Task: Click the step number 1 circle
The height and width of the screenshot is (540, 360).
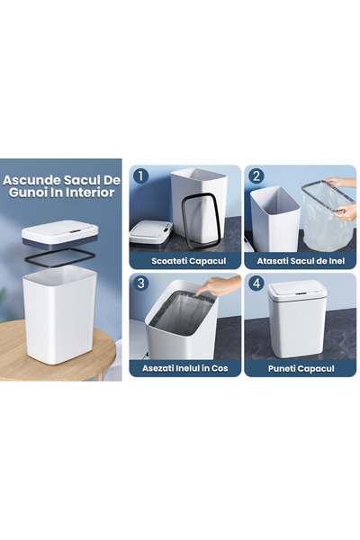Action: [140, 176]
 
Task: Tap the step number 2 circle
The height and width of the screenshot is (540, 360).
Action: [256, 176]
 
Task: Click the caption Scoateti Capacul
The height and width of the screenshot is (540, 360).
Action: [184, 260]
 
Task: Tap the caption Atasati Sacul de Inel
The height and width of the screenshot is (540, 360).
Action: [301, 260]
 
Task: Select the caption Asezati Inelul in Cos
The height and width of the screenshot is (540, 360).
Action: [184, 368]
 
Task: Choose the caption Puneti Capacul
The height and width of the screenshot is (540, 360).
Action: [301, 368]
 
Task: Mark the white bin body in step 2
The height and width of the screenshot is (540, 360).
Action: [274, 220]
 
